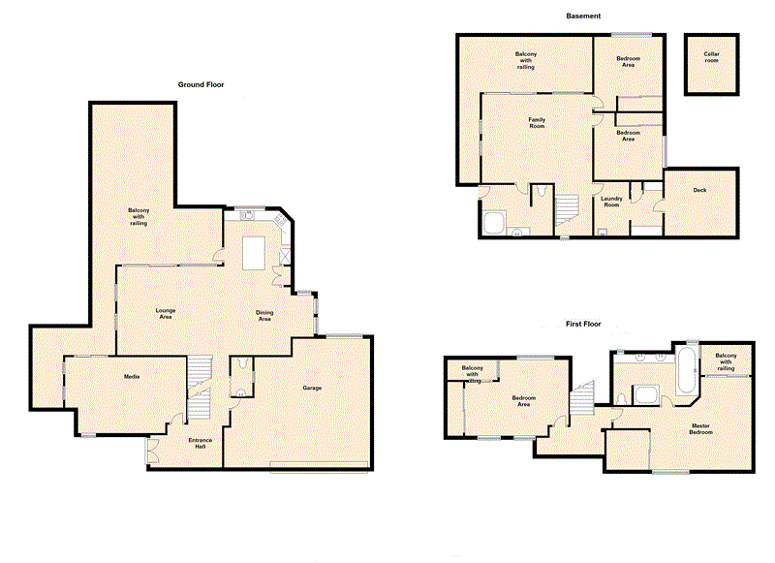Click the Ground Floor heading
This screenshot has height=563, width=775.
pyautogui.click(x=201, y=85)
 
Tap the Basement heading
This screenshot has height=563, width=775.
pyautogui.click(x=583, y=16)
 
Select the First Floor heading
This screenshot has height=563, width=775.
pyautogui.click(x=584, y=323)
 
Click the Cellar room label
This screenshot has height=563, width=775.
pyautogui.click(x=712, y=57)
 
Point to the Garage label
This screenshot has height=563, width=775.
pyautogui.click(x=312, y=388)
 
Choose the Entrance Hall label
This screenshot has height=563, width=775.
pyautogui.click(x=201, y=443)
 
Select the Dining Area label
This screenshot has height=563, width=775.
pyautogui.click(x=263, y=316)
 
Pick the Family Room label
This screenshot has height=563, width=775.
pyautogui.click(x=537, y=123)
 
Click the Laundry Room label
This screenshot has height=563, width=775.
pyautogui.click(x=610, y=202)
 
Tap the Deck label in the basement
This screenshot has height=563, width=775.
pyautogui.click(x=699, y=190)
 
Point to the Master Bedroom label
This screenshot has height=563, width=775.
pyautogui.click(x=701, y=428)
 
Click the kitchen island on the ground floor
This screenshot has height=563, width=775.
pyautogui.click(x=254, y=254)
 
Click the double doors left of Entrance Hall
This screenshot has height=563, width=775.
pyautogui.click(x=152, y=451)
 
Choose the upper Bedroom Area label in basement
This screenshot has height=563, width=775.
pyautogui.click(x=628, y=62)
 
